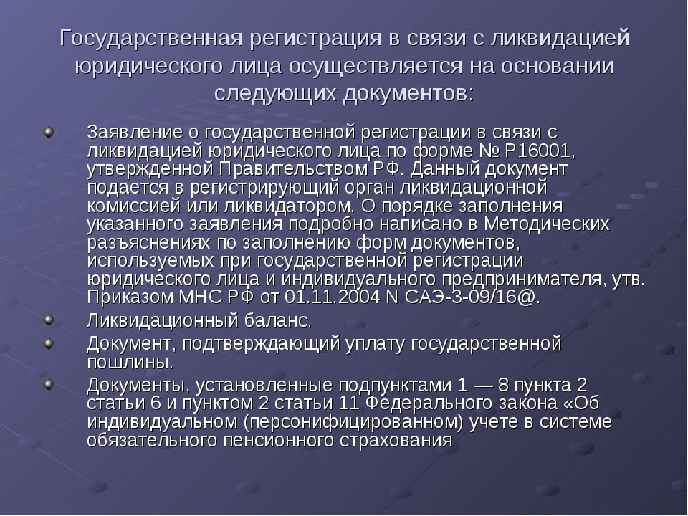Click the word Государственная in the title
151,39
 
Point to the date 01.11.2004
332,297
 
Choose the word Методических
547,224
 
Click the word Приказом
130,297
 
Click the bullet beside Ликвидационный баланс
49,320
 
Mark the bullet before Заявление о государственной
49,132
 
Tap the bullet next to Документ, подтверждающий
49,343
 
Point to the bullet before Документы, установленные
49,384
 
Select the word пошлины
130,362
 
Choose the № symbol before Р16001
487,150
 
